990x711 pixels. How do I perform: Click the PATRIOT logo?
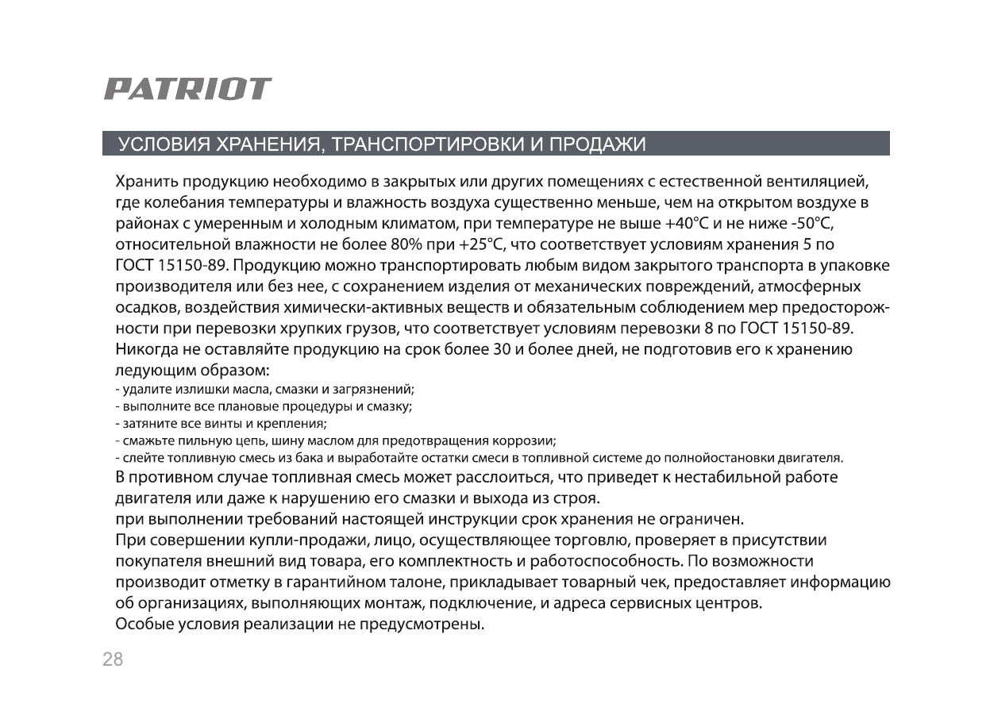187,89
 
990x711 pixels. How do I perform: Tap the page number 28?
113,659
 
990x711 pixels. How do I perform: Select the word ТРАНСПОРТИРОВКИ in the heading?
426,144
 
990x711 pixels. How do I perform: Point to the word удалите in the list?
143,390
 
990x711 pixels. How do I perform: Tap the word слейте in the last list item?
138,458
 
